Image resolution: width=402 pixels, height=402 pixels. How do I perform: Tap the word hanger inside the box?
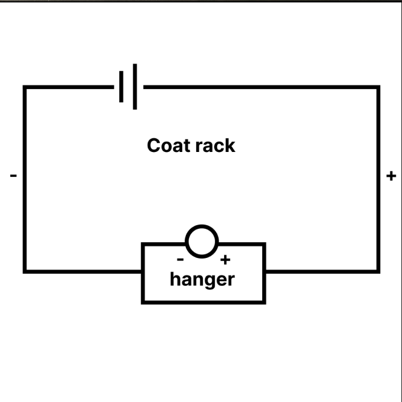[202, 280]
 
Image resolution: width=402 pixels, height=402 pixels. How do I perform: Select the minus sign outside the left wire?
[13, 176]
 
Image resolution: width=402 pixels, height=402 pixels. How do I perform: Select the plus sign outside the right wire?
[391, 176]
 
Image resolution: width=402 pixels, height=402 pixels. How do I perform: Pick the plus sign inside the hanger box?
[225, 260]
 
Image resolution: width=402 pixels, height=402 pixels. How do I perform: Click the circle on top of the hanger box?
[202, 242]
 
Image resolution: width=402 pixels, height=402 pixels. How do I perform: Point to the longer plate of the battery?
[134, 87]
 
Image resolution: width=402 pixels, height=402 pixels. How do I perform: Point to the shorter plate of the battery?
[122, 87]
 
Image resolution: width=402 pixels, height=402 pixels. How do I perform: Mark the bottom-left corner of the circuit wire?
[25, 271]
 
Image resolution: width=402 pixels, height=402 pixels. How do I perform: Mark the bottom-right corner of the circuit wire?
[378, 271]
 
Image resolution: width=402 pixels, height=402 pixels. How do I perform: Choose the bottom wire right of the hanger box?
[321, 271]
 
